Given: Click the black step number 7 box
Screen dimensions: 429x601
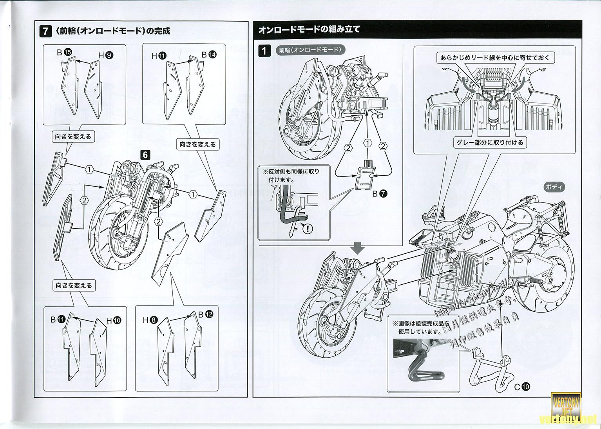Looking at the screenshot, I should coord(46,31).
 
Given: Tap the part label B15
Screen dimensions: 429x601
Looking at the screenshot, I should coord(64,52).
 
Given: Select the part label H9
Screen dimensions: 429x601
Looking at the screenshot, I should coord(106,56).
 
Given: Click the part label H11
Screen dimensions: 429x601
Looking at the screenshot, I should coord(159,56).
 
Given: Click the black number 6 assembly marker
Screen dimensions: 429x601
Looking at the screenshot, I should coord(145,155).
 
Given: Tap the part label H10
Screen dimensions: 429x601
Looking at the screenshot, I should coord(114,320).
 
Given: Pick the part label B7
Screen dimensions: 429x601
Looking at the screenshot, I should coord(379,193).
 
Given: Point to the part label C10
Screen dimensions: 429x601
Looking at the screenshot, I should coord(522,387).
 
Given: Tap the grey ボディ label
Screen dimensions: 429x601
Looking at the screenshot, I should coord(554,187).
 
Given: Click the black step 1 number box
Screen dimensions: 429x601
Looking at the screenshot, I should coord(265,51).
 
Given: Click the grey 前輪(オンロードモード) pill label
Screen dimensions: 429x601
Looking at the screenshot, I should coord(310,50).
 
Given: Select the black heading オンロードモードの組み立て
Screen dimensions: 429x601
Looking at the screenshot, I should coord(310,29).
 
